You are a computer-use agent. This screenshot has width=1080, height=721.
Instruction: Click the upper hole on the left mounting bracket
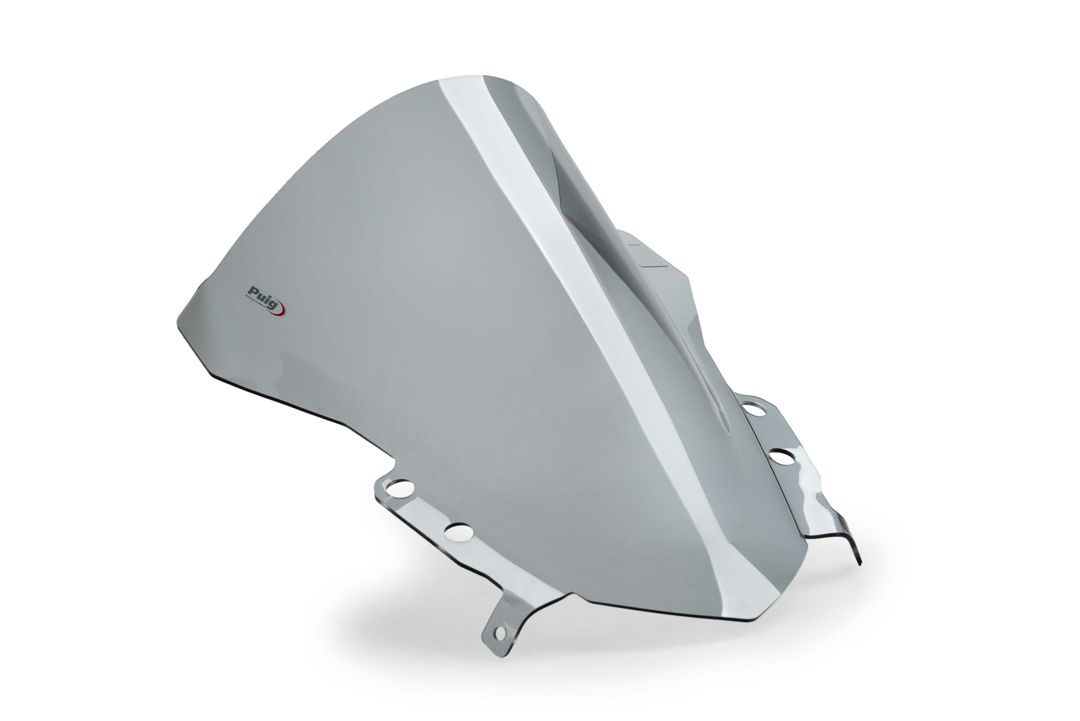click(x=399, y=487)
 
